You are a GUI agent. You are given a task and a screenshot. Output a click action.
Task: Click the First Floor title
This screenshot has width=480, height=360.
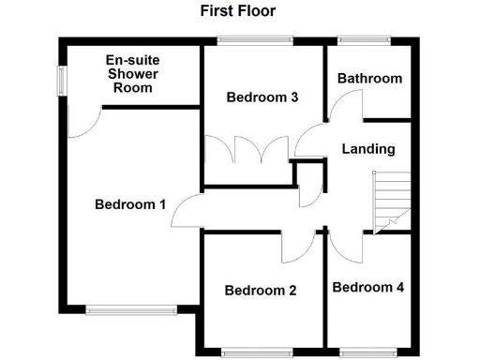tap(237, 11)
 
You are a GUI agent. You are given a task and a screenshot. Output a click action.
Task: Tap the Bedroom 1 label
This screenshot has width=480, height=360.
tap(130, 203)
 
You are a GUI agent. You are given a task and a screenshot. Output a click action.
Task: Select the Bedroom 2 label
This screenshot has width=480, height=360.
tap(261, 291)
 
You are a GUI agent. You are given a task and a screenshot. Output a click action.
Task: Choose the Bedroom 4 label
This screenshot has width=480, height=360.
tap(368, 287)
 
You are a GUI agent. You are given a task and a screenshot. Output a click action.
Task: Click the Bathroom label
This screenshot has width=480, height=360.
tap(369, 79)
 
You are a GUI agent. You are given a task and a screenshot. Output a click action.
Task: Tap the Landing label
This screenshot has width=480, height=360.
tap(368, 149)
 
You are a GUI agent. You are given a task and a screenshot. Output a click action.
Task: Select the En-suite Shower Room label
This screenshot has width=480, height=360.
tap(130, 73)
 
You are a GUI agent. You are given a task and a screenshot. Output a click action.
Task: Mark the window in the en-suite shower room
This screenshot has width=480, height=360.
tap(61, 80)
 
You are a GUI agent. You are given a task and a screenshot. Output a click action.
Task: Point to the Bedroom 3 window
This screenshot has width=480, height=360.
tap(254, 39)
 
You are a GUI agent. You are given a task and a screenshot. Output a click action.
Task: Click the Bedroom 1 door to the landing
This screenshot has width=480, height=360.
tap(186, 214)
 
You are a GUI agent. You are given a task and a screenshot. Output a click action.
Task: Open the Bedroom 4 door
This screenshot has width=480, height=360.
tap(342, 246)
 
